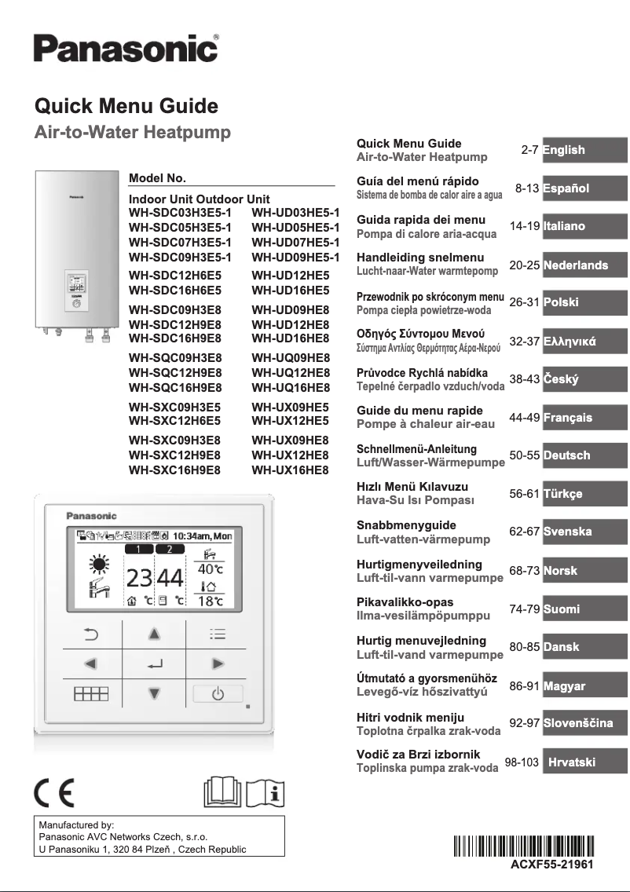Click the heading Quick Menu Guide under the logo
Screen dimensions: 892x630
click(126, 106)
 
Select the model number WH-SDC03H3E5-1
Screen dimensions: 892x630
click(180, 213)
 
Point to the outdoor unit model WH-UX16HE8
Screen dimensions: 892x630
click(290, 470)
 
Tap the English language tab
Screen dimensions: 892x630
click(584, 150)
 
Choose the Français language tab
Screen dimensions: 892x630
click(584, 418)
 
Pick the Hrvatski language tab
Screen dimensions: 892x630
click(584, 762)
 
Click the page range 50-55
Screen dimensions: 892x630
click(524, 455)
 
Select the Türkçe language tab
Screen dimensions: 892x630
click(584, 494)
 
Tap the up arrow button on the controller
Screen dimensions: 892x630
click(155, 633)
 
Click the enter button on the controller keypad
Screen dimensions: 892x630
click(155, 664)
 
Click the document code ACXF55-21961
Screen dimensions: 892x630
click(541, 864)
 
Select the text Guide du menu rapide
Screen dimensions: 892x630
click(408, 411)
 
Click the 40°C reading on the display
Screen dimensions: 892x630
click(210, 568)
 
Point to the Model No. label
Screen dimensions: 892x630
click(157, 178)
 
